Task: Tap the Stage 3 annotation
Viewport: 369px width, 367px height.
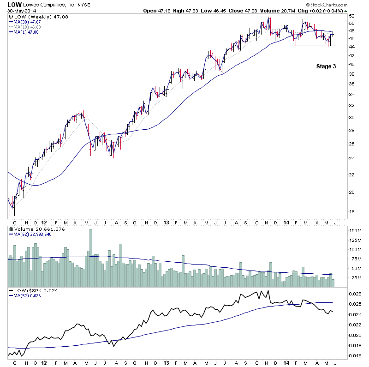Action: tap(326, 66)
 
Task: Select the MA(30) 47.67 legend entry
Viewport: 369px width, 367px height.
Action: tap(27, 22)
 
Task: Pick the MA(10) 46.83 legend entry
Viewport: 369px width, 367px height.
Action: tap(27, 27)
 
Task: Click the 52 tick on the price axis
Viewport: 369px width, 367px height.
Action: tap(351, 23)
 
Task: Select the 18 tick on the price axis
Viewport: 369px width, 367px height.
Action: tap(351, 211)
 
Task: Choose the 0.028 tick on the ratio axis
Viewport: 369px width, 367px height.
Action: tap(354, 294)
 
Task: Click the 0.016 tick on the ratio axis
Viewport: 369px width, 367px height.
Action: tap(354, 356)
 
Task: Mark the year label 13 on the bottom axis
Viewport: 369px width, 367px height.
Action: tap(166, 363)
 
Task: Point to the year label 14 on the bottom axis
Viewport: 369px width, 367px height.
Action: tap(286, 363)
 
